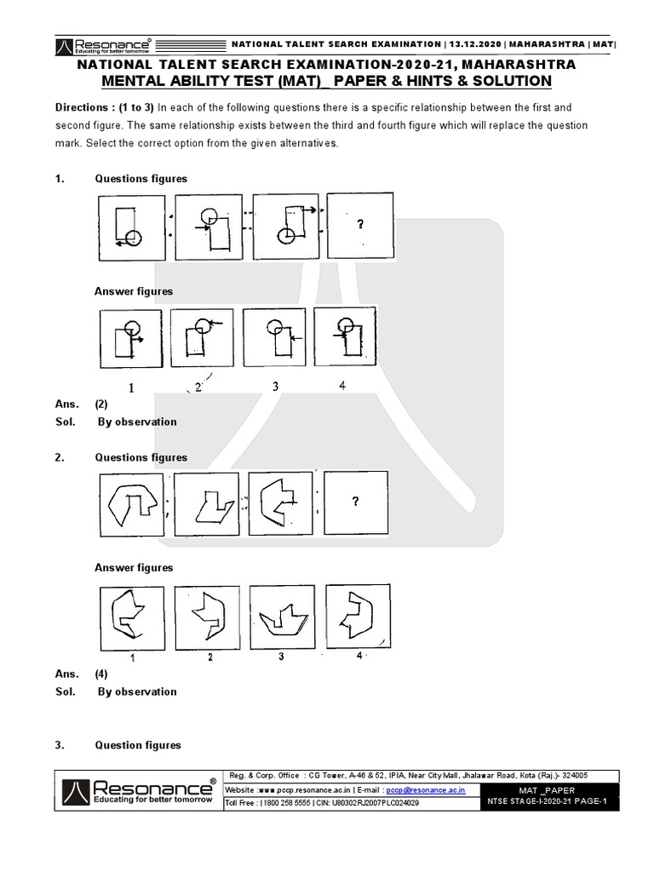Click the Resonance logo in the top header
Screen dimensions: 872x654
coord(103,44)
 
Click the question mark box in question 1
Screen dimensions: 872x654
coord(360,226)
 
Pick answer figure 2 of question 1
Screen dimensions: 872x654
coord(201,339)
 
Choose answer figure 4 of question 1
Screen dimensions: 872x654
coord(345,339)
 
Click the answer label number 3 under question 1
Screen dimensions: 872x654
coord(275,387)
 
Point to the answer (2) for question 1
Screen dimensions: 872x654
coord(101,404)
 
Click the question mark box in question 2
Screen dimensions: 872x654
coord(356,502)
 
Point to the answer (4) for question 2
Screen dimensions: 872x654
coord(101,674)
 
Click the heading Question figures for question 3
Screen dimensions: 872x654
coord(138,745)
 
